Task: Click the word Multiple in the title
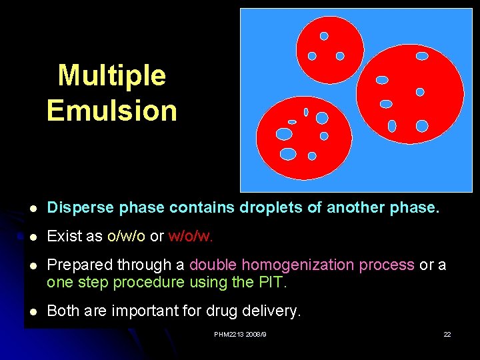click(x=111, y=75)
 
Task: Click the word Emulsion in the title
click(x=111, y=110)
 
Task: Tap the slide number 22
click(x=447, y=334)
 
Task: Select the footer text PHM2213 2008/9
click(x=240, y=334)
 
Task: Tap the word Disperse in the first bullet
click(x=81, y=208)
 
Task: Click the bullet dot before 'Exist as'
click(x=33, y=237)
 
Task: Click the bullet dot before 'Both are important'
click(x=33, y=311)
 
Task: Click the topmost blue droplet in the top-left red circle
click(x=324, y=36)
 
